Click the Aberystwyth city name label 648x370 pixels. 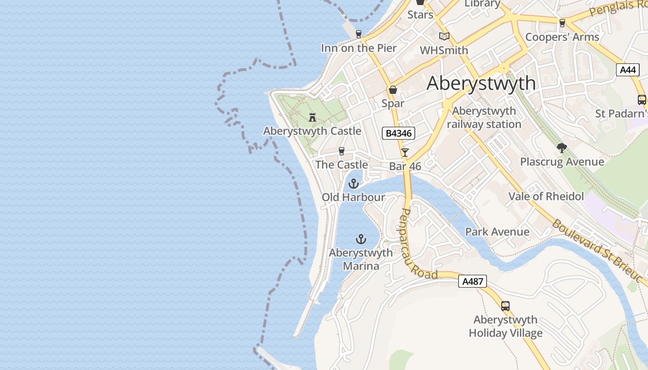(481, 83)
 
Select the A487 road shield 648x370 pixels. (473, 281)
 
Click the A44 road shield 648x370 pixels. (628, 70)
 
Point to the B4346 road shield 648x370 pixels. (398, 134)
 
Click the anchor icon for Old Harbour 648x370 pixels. (354, 184)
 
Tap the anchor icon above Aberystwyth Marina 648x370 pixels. (361, 239)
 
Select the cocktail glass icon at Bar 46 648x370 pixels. (405, 152)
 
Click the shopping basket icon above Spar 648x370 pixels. (393, 90)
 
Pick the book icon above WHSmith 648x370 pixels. (444, 36)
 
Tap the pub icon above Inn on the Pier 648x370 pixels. (358, 34)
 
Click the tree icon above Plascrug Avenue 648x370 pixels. (562, 148)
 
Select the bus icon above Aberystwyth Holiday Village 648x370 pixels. (505, 306)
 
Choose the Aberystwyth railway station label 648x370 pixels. (484, 117)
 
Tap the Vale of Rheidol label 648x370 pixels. (546, 196)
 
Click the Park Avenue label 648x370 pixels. (497, 232)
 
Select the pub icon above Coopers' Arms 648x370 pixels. (562, 23)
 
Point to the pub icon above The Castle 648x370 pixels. (342, 151)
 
